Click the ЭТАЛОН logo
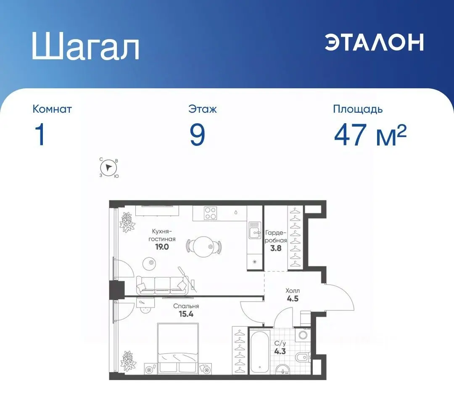374,42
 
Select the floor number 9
197,135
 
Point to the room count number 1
40,135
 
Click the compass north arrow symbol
109,168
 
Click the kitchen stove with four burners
210,214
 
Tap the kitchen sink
255,231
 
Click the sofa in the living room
162,285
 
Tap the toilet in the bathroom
303,358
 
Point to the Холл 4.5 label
293,296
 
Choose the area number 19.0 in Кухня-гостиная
162,247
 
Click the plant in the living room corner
127,220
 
